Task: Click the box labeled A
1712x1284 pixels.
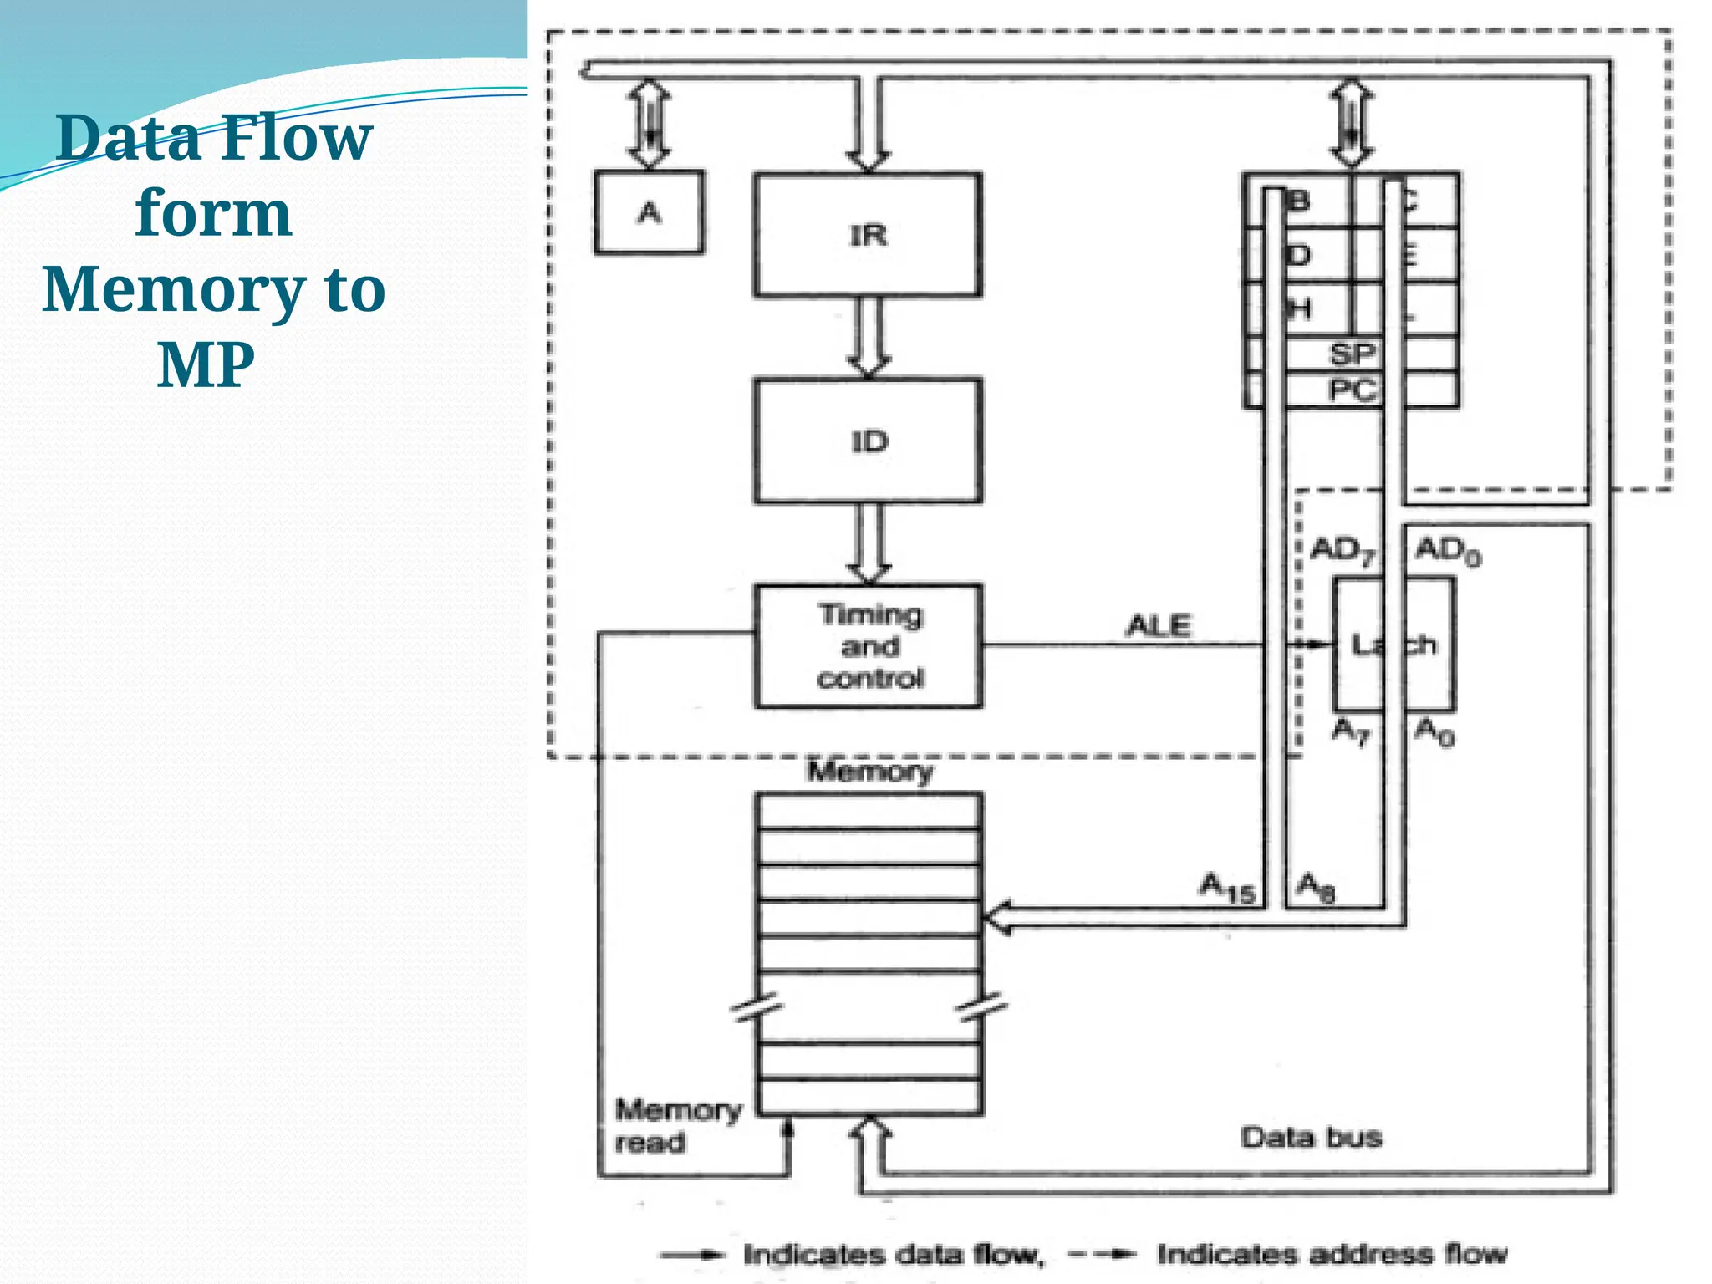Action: (649, 212)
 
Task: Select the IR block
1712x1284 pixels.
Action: (868, 235)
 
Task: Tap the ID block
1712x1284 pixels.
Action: (868, 441)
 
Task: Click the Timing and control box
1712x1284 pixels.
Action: (869, 646)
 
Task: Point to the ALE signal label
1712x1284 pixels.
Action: (1158, 625)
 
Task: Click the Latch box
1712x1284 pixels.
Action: (1394, 645)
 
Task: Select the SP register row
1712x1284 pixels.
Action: (1351, 354)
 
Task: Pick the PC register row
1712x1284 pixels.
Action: (1351, 390)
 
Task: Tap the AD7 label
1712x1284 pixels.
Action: (1343, 550)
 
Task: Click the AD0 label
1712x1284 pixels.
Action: (1447, 550)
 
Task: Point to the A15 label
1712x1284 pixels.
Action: (1227, 888)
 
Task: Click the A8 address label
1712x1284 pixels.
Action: (1316, 887)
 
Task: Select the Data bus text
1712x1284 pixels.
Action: (1311, 1137)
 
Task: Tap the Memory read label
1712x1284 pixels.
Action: (677, 1126)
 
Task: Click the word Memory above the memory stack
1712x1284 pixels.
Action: (869, 771)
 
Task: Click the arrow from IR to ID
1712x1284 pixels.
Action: (869, 337)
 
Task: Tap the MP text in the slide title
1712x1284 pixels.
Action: (206, 364)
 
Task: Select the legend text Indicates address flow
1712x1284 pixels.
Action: (1332, 1254)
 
